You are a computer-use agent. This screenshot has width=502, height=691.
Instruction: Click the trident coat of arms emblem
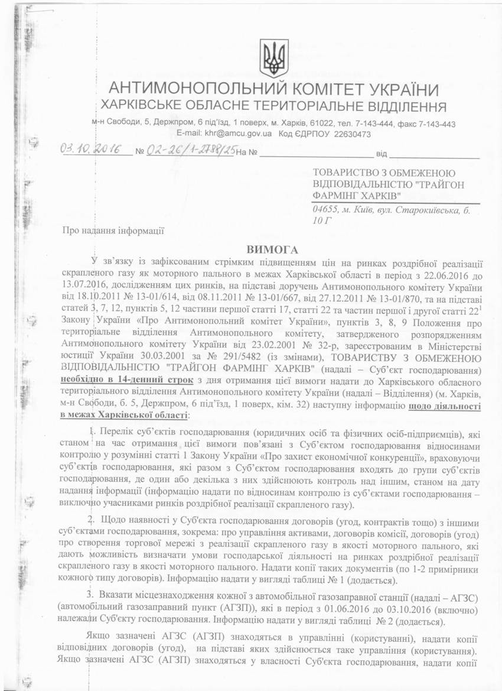point(274,58)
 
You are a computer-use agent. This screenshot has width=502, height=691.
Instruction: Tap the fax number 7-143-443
point(435,124)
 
